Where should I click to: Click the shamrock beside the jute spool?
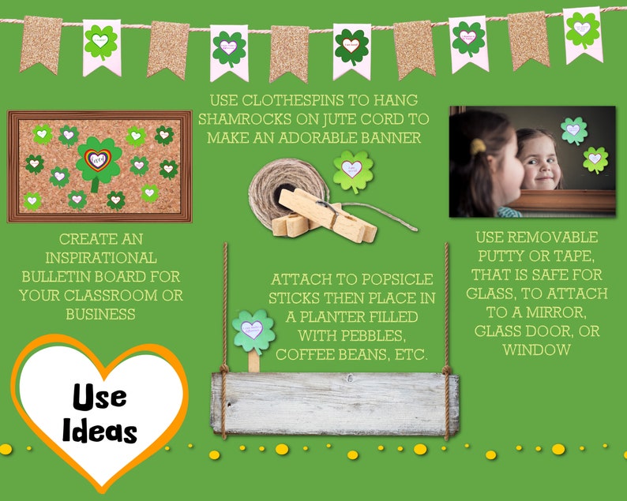353,170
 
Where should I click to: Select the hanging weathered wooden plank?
334,403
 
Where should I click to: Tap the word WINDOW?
536,349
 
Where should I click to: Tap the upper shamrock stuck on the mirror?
573,130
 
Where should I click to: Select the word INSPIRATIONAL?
108,257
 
